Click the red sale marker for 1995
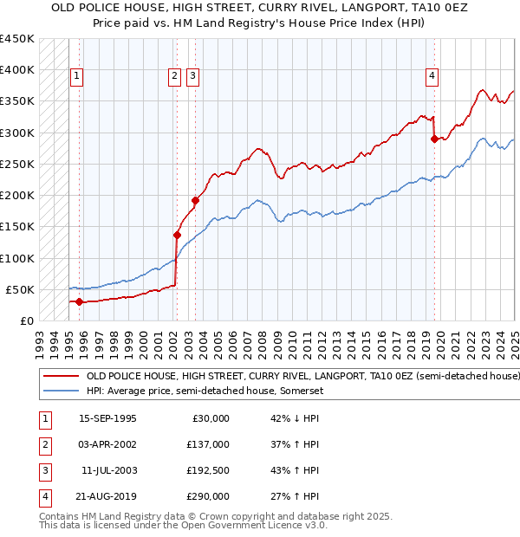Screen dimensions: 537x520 pos(79,301)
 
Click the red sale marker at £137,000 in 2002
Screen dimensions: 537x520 pos(177,235)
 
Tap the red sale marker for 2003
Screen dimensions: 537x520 pos(195,200)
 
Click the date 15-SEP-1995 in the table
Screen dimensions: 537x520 pos(107,418)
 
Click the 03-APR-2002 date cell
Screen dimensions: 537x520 pos(107,444)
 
